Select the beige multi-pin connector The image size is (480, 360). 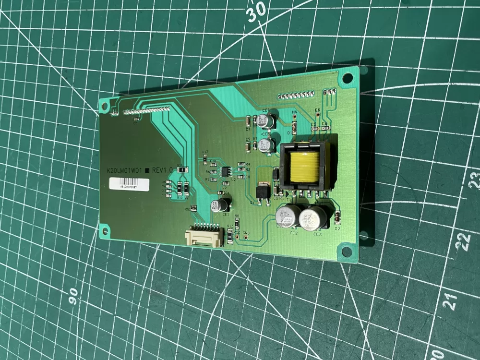(x=203, y=236)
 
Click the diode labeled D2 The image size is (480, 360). (x=337, y=217)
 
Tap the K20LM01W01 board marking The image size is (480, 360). (x=126, y=170)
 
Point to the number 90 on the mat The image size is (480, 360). (x=73, y=296)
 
